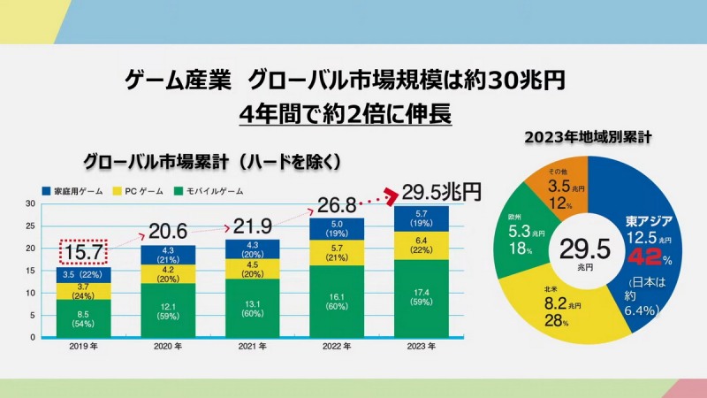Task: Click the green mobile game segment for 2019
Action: coord(82,318)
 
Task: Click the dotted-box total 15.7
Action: coord(82,251)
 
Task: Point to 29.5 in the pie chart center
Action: coord(580,248)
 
